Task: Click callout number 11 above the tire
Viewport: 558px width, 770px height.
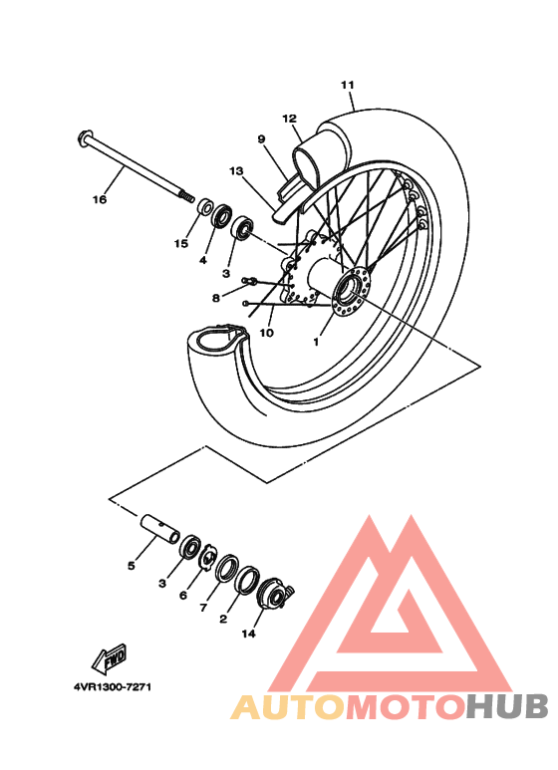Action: point(347,85)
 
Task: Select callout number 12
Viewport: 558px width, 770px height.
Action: point(290,119)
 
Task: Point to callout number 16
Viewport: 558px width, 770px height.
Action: point(99,199)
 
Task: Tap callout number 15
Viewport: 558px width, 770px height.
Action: point(181,243)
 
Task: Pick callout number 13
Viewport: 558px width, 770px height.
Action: point(235,171)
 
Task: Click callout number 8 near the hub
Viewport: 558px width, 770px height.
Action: point(215,297)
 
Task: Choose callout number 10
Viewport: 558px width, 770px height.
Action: point(266,333)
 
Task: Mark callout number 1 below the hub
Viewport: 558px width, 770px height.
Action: point(316,341)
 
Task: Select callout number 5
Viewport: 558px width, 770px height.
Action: point(131,566)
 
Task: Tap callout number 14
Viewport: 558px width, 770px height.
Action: point(248,633)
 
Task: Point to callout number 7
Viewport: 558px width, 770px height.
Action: point(203,607)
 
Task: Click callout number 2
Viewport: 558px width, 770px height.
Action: point(222,619)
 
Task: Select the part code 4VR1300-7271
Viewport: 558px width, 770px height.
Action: point(112,686)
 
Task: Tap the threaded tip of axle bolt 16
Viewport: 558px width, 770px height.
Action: point(185,195)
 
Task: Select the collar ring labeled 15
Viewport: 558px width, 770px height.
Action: point(203,208)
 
